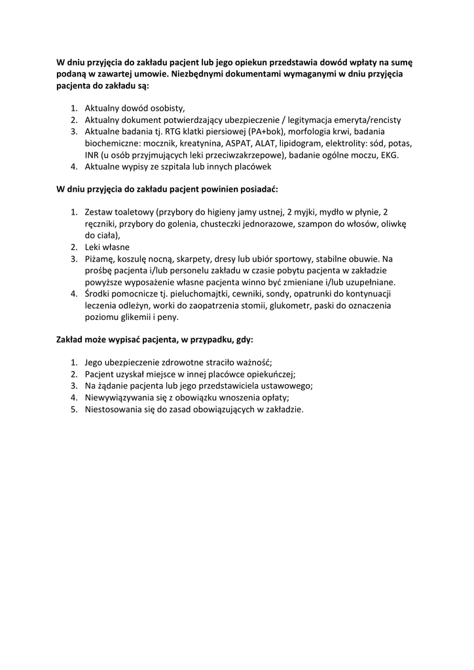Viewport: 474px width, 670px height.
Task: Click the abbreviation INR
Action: pos(92,155)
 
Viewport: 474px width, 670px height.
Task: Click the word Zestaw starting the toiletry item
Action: pos(100,212)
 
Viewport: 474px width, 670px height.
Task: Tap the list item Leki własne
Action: pos(107,247)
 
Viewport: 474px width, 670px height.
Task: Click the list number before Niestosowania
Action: pos(74,410)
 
